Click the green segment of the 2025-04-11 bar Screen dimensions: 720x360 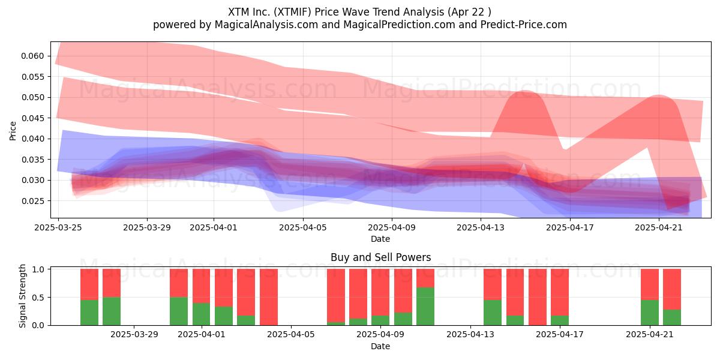425,306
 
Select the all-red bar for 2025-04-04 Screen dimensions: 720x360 269,297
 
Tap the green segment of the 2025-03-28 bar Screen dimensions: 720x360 112,311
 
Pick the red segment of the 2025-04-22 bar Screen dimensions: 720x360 672,289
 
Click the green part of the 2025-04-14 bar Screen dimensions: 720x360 493,313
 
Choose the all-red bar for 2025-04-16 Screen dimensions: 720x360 538,297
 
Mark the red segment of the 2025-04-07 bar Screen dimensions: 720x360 336,295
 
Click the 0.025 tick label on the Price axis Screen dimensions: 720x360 32,201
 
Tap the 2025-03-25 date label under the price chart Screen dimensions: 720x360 58,227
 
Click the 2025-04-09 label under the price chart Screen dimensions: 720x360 392,227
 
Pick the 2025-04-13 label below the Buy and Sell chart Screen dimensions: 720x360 470,334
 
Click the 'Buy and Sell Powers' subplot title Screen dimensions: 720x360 380,257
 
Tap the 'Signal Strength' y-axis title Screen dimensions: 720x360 22,296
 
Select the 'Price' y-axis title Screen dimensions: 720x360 13,131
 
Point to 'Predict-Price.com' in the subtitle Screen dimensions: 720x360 524,25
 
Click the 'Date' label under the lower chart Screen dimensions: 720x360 380,346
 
